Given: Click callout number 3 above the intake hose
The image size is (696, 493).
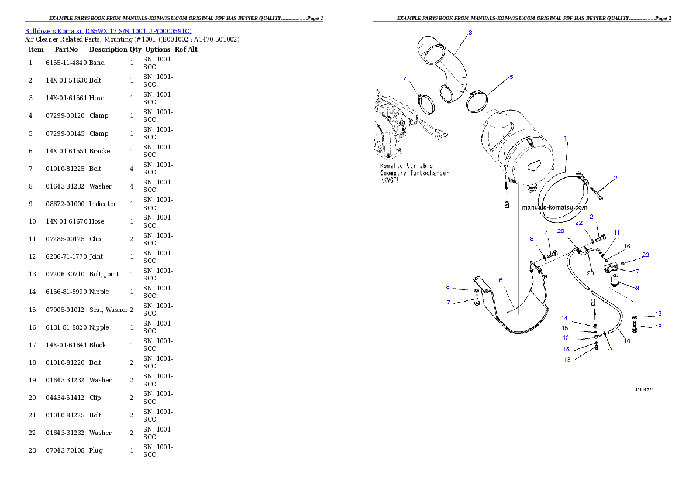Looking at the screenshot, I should pos(470,33).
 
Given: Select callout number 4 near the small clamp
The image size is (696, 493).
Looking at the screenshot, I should pos(405,79).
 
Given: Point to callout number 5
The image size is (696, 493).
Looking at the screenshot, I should pos(511,77).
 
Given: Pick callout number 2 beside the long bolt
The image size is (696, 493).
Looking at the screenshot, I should pos(615,178).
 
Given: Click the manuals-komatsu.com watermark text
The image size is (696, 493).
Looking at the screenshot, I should pos(554,207).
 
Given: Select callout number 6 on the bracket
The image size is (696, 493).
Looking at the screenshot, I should pos(501,280).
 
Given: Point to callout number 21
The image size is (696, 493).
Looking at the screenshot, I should pos(592,217).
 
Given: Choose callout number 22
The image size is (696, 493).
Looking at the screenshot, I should pos(578,223).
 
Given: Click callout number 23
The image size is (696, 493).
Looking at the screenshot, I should pos(645,255).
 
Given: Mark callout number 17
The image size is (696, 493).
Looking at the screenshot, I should pos(636,271).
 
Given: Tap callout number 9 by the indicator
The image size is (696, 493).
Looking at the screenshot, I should pos(637,288).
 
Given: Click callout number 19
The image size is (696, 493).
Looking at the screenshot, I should pos(658,314).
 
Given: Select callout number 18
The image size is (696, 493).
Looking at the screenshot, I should pos(658,327).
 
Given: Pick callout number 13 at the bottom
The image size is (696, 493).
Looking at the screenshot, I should pos(567,360).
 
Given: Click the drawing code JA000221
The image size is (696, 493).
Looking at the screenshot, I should pos(644,389).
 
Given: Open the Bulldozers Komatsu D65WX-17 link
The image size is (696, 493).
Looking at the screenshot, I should pos(108,30).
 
